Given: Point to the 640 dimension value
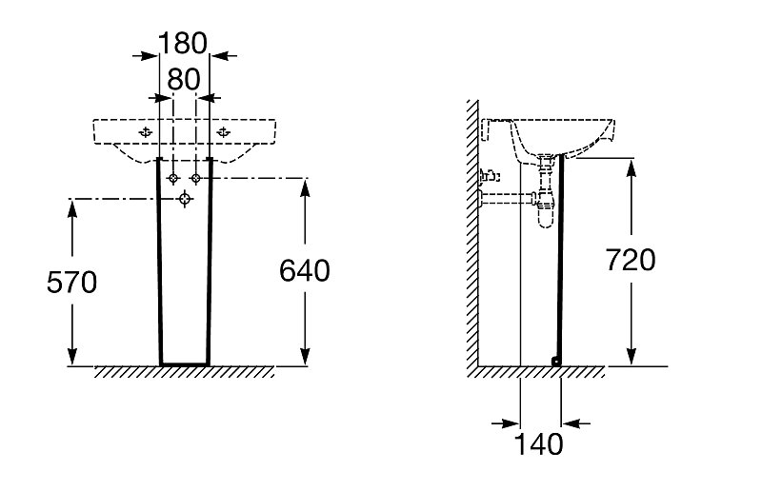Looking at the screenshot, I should click(x=305, y=271).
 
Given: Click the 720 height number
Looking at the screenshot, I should click(x=631, y=259).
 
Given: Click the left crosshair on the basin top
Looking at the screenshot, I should click(x=145, y=131).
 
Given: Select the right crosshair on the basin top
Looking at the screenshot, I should click(x=223, y=131).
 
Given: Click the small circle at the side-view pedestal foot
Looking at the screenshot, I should click(x=555, y=360).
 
